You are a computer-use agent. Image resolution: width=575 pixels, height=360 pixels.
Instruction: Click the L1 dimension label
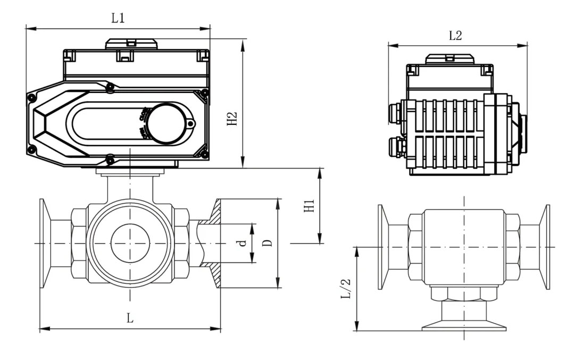point(118,18)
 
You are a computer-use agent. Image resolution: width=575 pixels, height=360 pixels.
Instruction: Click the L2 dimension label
point(455,36)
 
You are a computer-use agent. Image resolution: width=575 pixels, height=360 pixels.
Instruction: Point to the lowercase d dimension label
point(243,243)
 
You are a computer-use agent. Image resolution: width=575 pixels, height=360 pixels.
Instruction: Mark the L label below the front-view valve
point(129,319)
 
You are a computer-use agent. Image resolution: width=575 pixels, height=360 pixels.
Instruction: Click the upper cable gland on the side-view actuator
point(396,112)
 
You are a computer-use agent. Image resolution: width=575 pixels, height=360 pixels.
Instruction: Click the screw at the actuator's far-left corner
point(31,97)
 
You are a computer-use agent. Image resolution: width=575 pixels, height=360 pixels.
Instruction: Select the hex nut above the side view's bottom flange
point(463,294)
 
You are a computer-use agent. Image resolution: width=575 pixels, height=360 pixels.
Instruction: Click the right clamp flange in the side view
point(545,247)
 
